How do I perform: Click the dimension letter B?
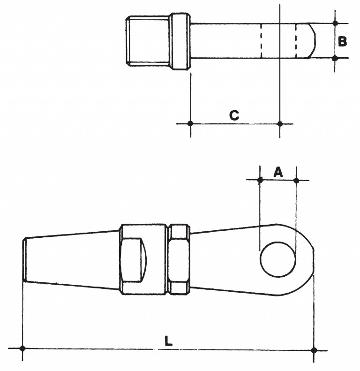(342, 41)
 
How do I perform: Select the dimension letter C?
(234, 115)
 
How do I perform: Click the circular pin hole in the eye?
(278, 259)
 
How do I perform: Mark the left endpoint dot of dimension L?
(22, 348)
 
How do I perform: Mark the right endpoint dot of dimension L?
(314, 350)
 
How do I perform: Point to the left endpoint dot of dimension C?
(190, 123)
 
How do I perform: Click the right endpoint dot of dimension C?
(280, 124)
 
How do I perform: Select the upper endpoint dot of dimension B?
(335, 23)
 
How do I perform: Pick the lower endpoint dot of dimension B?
(335, 58)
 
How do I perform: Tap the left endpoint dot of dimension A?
(260, 180)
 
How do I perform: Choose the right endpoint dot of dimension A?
(296, 181)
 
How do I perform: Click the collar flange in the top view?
(181, 41)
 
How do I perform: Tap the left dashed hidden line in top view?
(261, 41)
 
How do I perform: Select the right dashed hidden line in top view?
(296, 41)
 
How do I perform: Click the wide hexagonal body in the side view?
(143, 259)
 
